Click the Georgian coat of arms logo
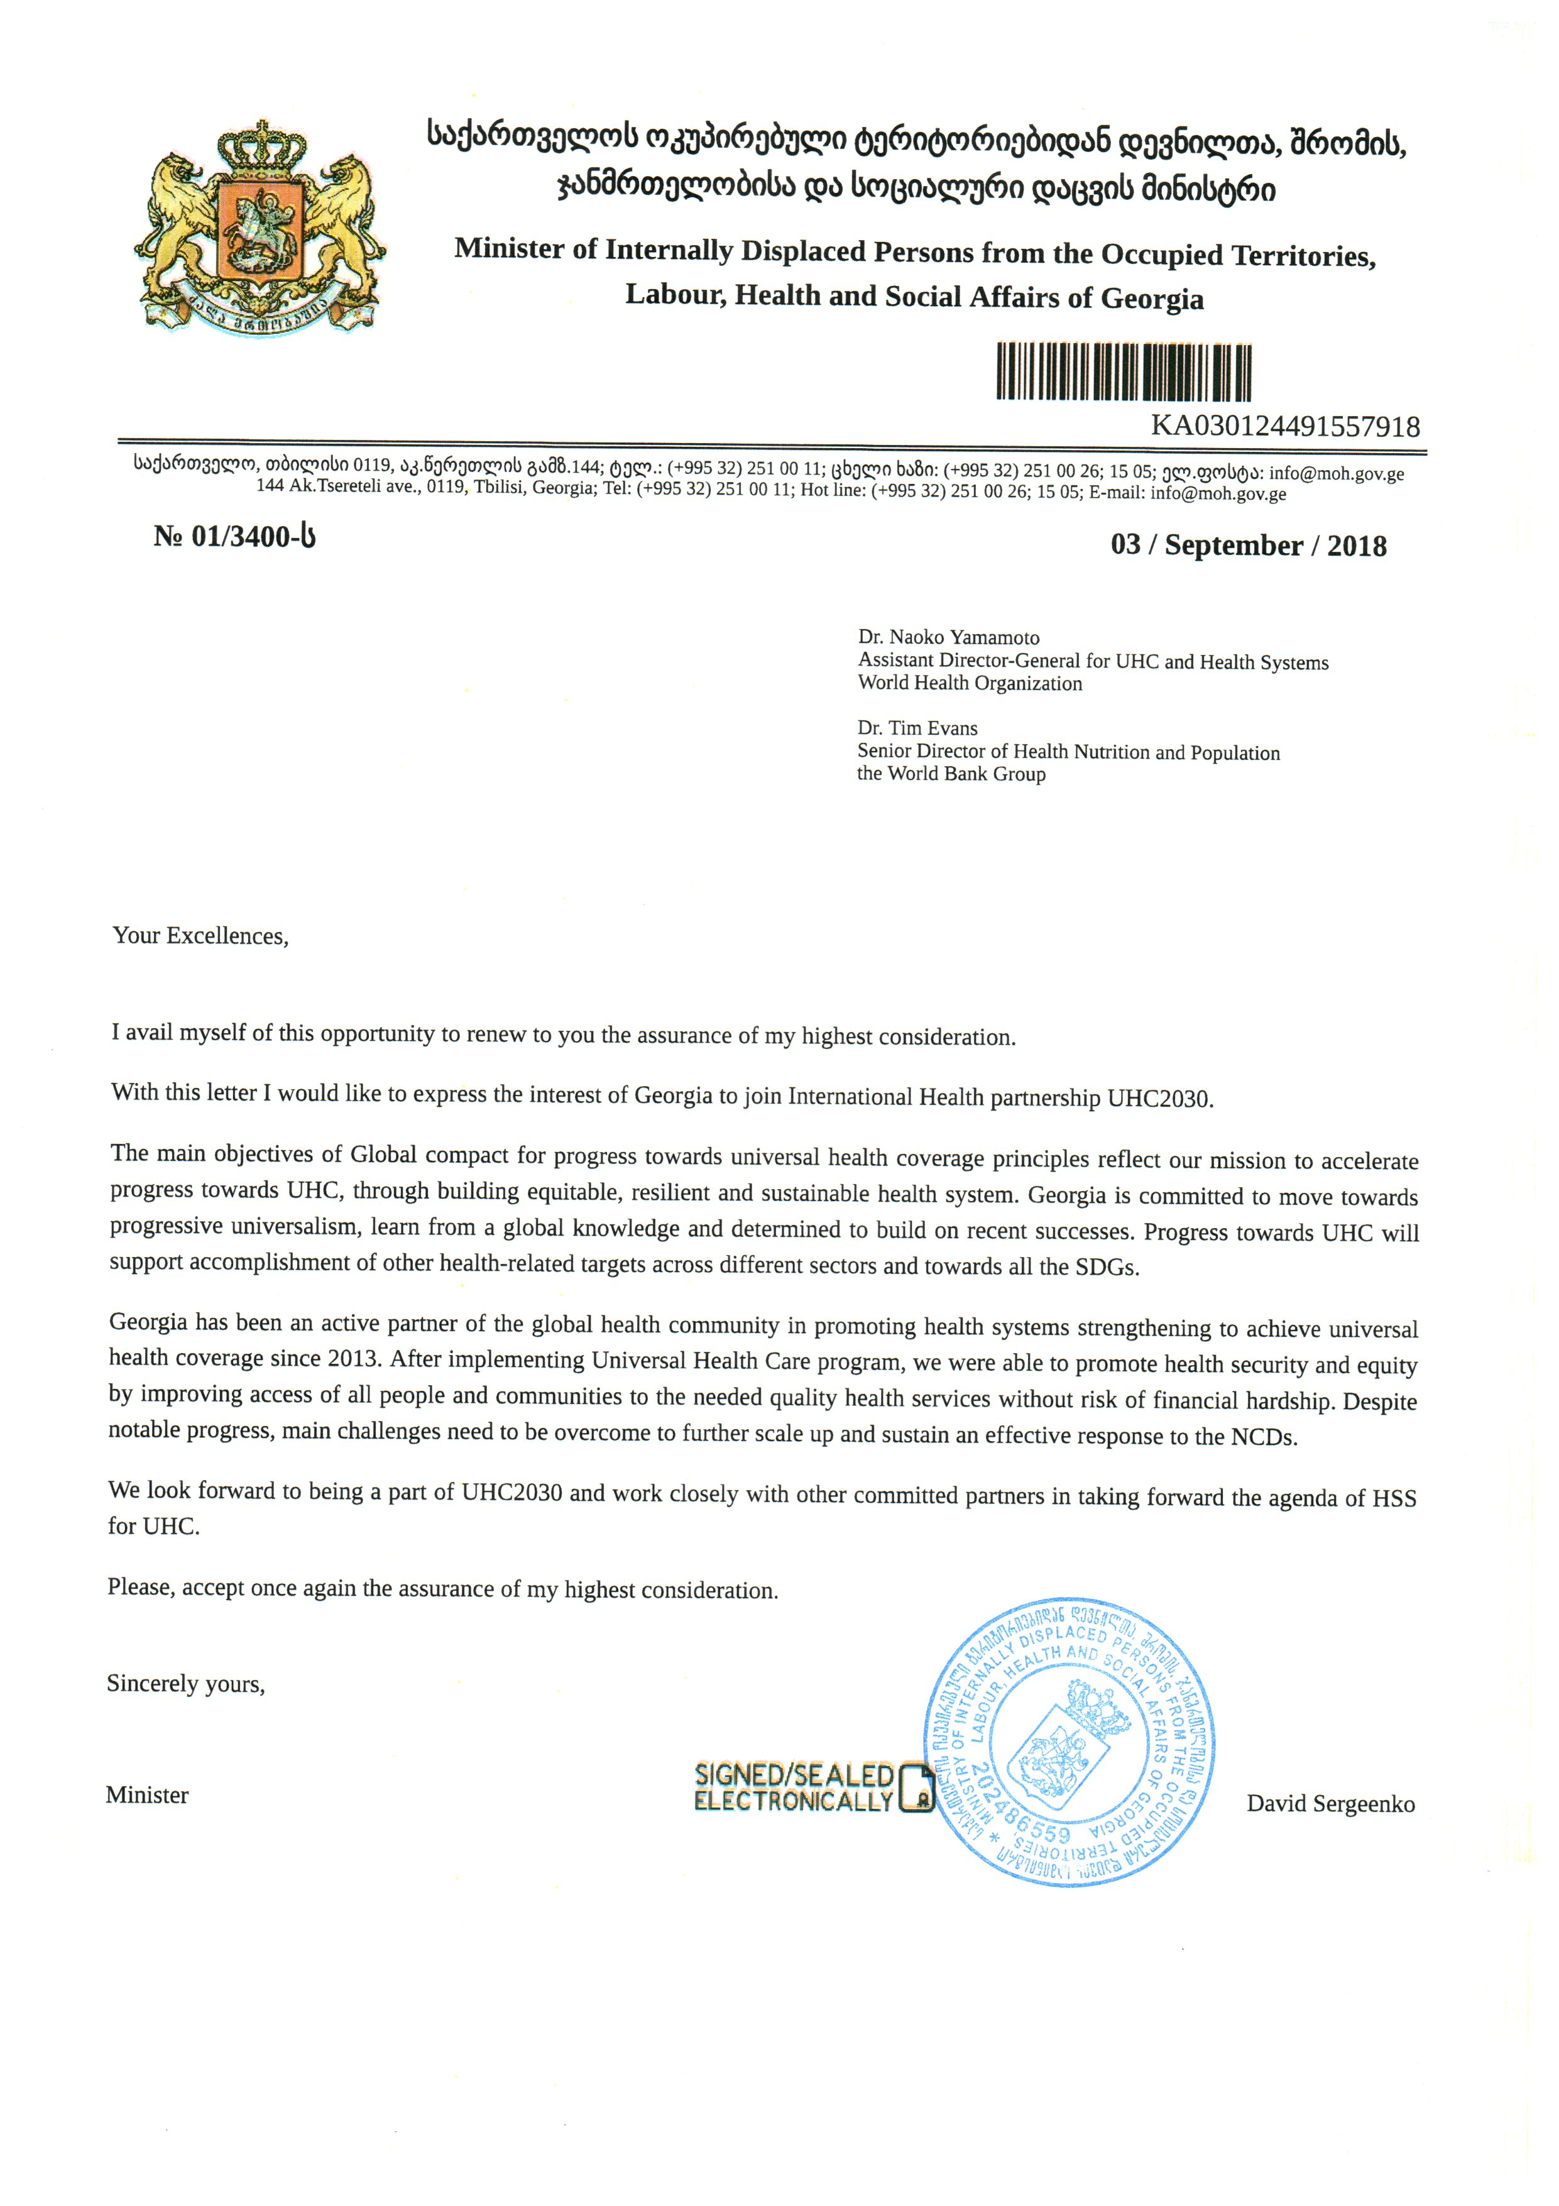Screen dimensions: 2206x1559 coord(260,227)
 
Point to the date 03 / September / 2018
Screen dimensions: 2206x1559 coord(1248,546)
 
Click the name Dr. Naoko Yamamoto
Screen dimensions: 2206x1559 coord(948,638)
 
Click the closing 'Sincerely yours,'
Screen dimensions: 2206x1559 coord(185,1683)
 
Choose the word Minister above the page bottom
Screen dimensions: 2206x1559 coord(147,1795)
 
